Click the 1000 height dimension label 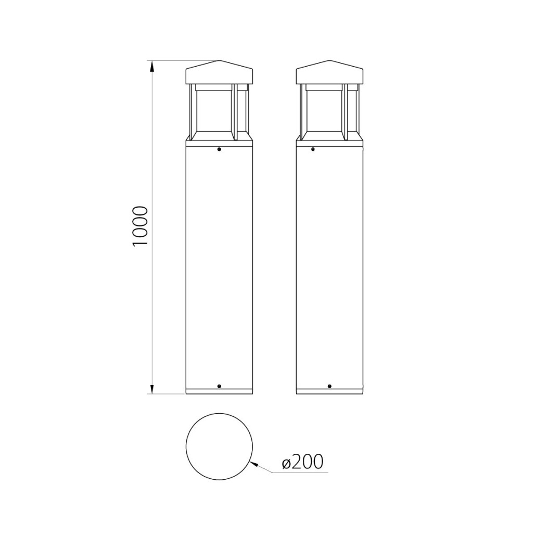(x=140, y=225)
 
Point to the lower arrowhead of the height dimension (x=152, y=388)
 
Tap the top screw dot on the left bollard (x=219, y=149)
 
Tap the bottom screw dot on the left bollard (x=219, y=386)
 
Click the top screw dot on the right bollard (x=313, y=149)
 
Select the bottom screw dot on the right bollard (x=329, y=386)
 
